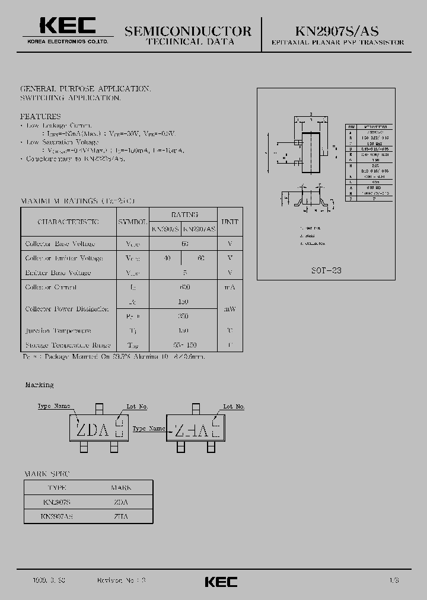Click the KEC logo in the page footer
click(x=221, y=582)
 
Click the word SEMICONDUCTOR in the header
click(x=188, y=31)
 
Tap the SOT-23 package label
click(x=326, y=270)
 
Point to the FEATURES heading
click(x=40, y=117)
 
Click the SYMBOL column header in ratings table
click(x=132, y=221)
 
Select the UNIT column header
click(x=230, y=221)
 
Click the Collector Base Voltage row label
click(x=60, y=244)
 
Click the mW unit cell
click(x=230, y=309)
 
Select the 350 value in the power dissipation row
click(x=183, y=316)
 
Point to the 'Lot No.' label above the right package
click(x=234, y=407)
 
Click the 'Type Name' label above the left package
click(x=53, y=406)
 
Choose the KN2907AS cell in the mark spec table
click(x=57, y=516)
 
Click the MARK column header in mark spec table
click(x=121, y=488)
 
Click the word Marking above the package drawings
click(x=39, y=385)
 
